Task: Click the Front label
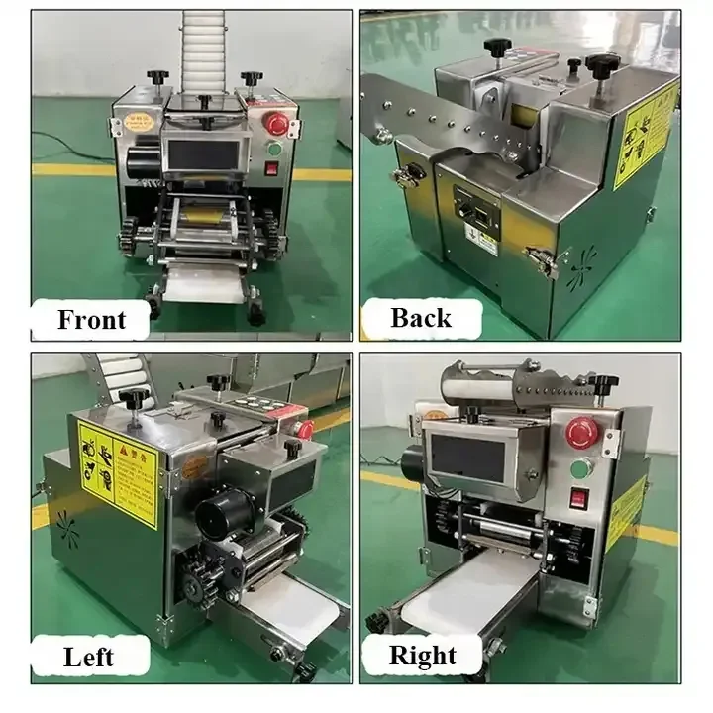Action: pyautogui.click(x=92, y=320)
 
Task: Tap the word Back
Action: pyautogui.click(x=421, y=318)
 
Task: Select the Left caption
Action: pyautogui.click(x=87, y=656)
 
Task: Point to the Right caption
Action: pyautogui.click(x=422, y=656)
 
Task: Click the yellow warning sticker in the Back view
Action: pyautogui.click(x=644, y=134)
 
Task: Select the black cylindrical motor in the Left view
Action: pyautogui.click(x=219, y=515)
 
